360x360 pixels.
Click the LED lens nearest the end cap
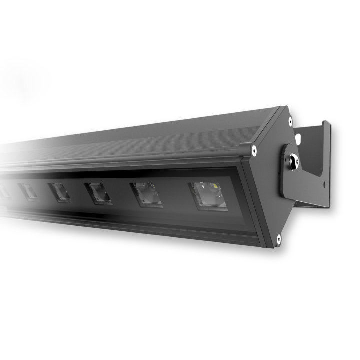(208, 196)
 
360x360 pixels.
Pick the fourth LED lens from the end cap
(59, 191)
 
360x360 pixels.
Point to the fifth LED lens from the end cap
(27, 191)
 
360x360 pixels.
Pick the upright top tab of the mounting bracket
(325, 135)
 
